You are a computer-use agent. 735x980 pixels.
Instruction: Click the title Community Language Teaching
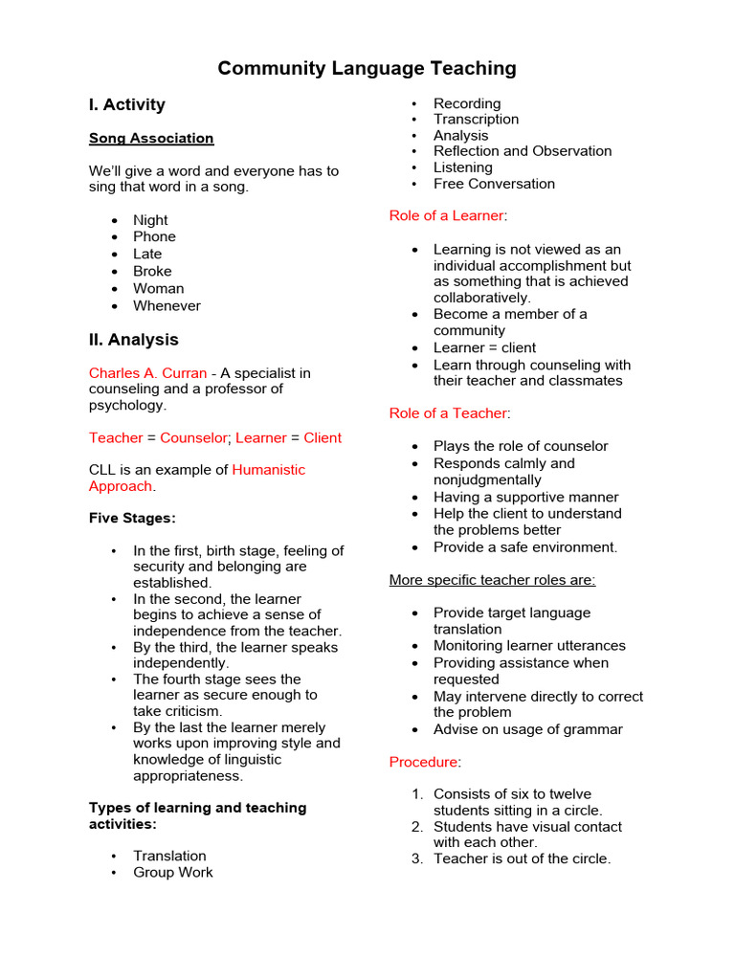coord(367,68)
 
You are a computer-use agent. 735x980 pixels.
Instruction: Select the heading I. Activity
coord(127,104)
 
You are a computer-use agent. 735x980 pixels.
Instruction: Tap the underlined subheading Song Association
coord(151,138)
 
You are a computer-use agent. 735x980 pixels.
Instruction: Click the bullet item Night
coord(150,219)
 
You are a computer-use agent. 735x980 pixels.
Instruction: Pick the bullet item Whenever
coord(167,305)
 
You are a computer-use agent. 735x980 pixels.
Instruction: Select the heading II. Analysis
coord(133,340)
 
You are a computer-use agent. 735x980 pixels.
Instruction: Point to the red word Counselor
coord(193,437)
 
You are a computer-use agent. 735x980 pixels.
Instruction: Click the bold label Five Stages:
coord(132,518)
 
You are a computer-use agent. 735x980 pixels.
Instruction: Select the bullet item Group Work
coord(173,872)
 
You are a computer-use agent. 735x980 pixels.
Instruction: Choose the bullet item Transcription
coord(476,119)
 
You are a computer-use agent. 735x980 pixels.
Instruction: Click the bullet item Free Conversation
coord(494,183)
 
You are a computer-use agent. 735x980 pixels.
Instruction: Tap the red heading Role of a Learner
coord(446,215)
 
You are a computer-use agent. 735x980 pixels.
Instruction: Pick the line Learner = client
coord(484,347)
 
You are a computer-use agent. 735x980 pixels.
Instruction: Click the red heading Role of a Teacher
coord(447,412)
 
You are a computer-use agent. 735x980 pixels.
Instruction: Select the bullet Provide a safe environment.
coord(525,547)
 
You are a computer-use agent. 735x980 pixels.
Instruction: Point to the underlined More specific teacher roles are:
coord(492,580)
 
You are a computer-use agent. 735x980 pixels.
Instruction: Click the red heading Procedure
coord(423,762)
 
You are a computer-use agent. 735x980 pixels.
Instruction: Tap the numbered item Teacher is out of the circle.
coord(522,858)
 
